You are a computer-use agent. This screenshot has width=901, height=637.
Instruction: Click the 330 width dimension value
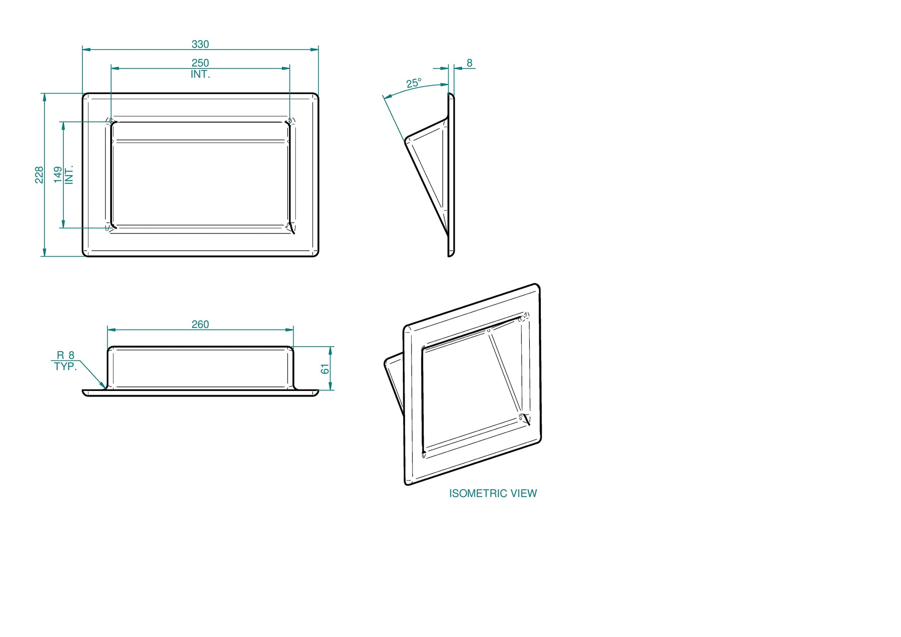200,44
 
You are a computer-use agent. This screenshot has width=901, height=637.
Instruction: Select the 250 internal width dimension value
200,63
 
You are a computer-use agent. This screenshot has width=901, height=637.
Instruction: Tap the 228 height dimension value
39,175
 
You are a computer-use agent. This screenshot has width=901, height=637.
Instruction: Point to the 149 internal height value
58,175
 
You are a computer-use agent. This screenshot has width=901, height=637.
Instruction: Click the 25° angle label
414,83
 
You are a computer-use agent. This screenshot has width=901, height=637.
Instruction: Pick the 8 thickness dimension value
469,63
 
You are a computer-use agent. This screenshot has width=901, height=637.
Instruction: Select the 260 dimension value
200,324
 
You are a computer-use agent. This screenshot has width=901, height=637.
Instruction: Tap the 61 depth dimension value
325,369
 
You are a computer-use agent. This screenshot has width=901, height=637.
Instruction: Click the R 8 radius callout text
65,355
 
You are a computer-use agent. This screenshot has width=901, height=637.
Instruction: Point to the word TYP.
65,366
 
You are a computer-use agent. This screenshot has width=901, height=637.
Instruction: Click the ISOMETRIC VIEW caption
493,493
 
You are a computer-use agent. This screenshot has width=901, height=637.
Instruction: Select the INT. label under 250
200,74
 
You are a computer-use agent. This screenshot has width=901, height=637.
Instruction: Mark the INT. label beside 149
69,175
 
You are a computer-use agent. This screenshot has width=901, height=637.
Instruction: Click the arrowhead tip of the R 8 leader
106,388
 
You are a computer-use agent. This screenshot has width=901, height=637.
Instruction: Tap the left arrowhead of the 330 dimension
83,49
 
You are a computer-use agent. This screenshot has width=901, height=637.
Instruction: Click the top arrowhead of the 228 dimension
44,94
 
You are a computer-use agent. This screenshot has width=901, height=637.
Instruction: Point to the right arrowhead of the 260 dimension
293,330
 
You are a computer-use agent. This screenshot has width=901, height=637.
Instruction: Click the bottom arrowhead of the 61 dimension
330,390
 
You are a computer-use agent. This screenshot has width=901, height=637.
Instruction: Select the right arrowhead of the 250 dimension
289,68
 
